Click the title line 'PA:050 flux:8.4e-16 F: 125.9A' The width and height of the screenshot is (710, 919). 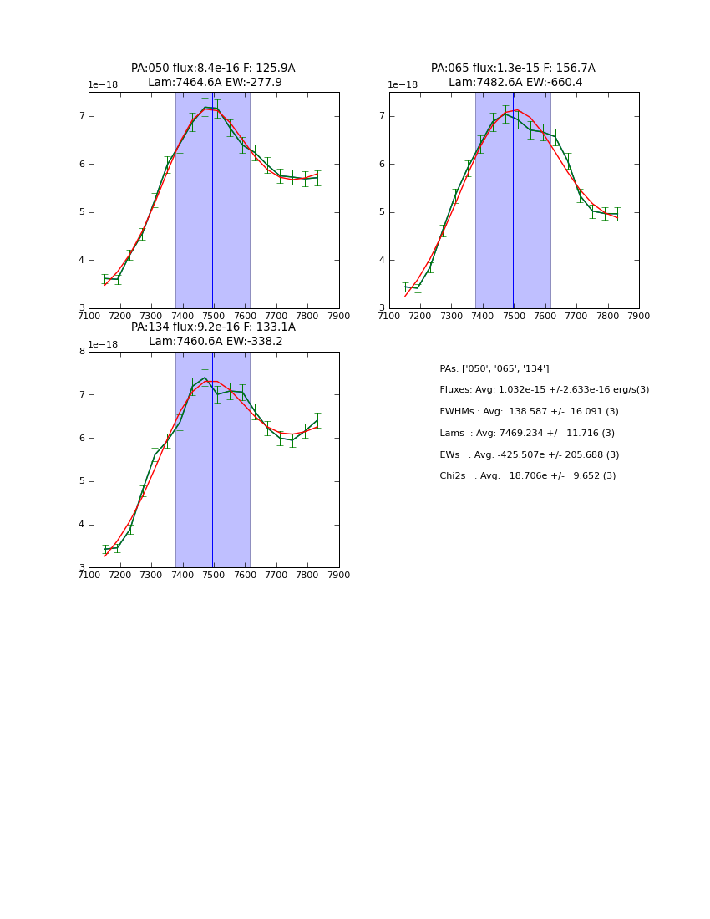pyautogui.click(x=213, y=69)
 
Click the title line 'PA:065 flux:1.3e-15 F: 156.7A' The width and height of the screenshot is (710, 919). pyautogui.click(x=513, y=69)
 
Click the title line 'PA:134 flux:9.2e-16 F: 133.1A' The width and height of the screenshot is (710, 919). pyautogui.click(x=213, y=327)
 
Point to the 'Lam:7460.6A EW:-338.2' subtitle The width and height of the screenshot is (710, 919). pyautogui.click(x=216, y=342)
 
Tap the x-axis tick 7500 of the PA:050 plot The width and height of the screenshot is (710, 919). pyautogui.click(x=213, y=317)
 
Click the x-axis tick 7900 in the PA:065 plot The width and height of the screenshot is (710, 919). pyautogui.click(x=639, y=317)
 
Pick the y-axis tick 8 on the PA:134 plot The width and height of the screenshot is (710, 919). pyautogui.click(x=82, y=352)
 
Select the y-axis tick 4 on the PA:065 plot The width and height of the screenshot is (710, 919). pyautogui.click(x=382, y=261)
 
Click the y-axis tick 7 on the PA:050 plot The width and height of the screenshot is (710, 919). pyautogui.click(x=82, y=116)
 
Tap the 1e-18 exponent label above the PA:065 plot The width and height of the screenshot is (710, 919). pyautogui.click(x=403, y=85)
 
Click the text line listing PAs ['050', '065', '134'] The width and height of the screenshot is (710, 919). pyautogui.click(x=494, y=369)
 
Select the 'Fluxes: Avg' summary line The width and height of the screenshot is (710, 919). pyautogui.click(x=544, y=390)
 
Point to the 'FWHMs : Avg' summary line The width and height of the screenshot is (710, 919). pyautogui.click(x=529, y=412)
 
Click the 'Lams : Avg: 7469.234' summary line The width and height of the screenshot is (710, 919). pyautogui.click(x=527, y=434)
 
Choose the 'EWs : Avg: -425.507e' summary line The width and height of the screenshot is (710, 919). pyautogui.click(x=529, y=455)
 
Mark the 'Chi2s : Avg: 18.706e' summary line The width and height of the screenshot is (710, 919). pyautogui.click(x=527, y=476)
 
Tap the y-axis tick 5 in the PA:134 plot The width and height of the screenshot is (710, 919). pyautogui.click(x=82, y=482)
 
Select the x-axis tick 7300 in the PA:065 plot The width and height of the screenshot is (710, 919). pyautogui.click(x=451, y=317)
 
